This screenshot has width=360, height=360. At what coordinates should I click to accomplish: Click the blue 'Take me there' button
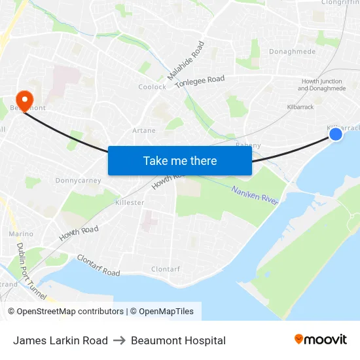(180, 160)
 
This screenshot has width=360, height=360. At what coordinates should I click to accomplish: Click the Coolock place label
(152, 87)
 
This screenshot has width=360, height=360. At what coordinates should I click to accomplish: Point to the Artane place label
(144, 130)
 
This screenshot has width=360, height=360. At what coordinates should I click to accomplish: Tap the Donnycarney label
(78, 181)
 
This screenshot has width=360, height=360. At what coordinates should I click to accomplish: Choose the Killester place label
(130, 203)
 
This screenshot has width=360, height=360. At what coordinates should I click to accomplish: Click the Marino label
(21, 234)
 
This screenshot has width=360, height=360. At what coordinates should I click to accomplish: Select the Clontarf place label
(166, 269)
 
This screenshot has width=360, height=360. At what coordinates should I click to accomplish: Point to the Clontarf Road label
(98, 264)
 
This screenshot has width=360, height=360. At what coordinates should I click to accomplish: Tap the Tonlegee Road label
(200, 81)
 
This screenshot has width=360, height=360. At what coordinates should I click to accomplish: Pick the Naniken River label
(255, 194)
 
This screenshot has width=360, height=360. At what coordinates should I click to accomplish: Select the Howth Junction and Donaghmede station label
(322, 85)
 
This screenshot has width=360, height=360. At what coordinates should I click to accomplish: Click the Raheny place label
(247, 145)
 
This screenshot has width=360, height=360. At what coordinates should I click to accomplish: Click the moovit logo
(320, 339)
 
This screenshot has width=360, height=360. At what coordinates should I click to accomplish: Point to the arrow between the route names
(119, 340)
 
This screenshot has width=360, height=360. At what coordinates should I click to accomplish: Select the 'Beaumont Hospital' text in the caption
(178, 340)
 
